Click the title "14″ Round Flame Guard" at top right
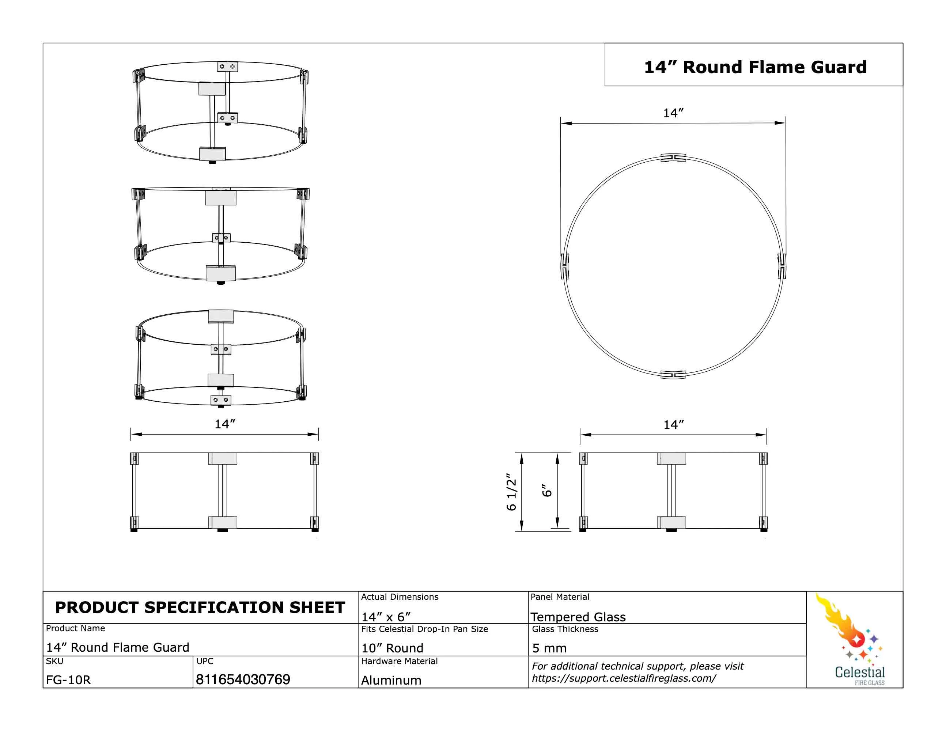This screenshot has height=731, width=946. click(755, 67)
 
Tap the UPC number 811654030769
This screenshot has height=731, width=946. click(243, 679)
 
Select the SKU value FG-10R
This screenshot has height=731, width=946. click(68, 680)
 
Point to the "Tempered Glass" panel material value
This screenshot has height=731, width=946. click(578, 617)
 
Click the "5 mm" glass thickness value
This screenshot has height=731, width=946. click(549, 648)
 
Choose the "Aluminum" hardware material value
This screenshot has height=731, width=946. click(391, 680)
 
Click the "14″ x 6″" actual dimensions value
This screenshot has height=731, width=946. click(386, 617)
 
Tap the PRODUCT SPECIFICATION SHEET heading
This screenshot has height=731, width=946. click(200, 607)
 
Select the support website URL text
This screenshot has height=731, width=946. click(624, 678)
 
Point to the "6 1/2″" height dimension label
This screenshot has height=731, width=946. click(511, 492)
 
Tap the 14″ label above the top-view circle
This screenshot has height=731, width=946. click(673, 113)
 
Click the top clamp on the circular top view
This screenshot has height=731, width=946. click(673, 158)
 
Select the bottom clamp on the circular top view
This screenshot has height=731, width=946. click(673, 374)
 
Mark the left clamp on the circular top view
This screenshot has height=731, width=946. click(565, 266)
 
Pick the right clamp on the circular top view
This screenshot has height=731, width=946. click(782, 266)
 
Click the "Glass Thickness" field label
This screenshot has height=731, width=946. click(565, 629)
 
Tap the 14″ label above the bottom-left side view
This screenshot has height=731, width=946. click(225, 424)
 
